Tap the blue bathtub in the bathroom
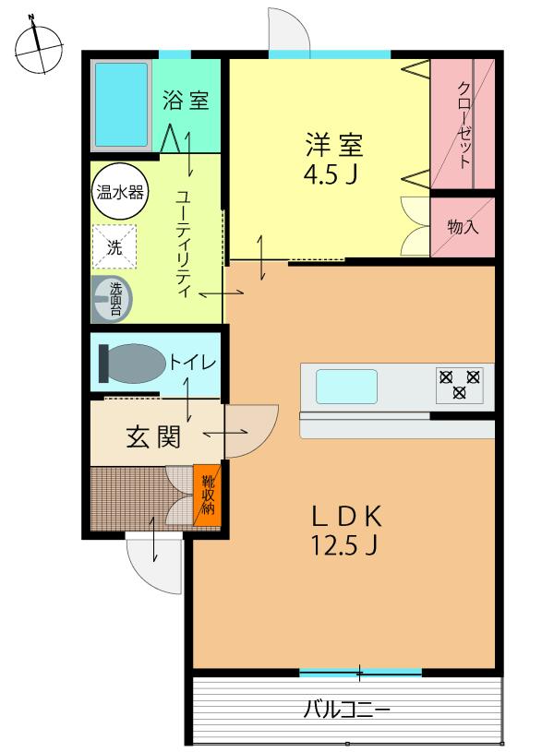(121, 105)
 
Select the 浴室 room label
(186, 101)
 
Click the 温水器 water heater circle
(114, 194)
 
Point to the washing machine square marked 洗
(114, 246)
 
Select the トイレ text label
(192, 363)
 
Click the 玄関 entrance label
(152, 437)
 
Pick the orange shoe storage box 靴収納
(208, 495)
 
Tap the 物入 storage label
(463, 226)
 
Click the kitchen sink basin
(346, 387)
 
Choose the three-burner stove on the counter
(459, 384)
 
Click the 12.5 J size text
(344, 546)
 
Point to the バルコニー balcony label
(346, 710)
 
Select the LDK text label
(344, 515)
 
